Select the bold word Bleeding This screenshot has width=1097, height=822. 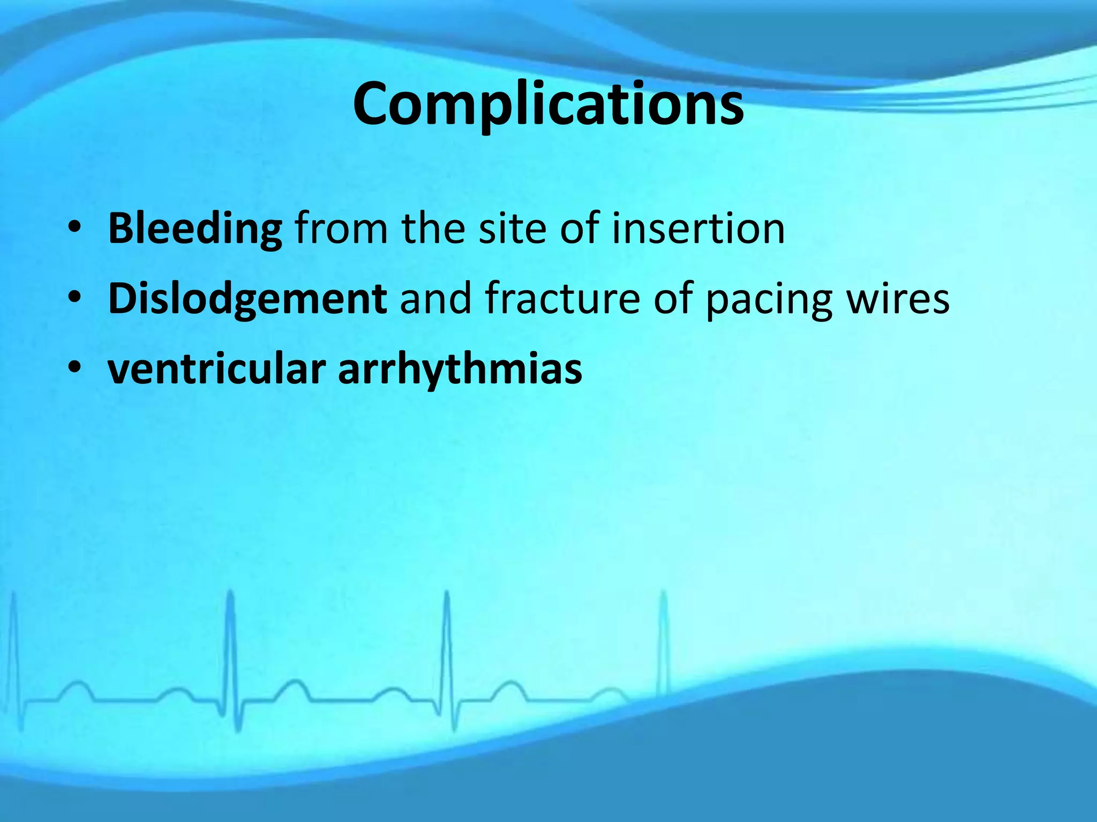pyautogui.click(x=195, y=229)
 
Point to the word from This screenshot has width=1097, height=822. pyautogui.click(x=341, y=229)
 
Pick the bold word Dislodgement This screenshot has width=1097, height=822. pyautogui.click(x=247, y=299)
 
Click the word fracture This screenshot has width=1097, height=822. pyautogui.click(x=562, y=299)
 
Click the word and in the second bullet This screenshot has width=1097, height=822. pyautogui.click(x=436, y=299)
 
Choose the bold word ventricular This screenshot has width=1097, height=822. pyautogui.click(x=216, y=369)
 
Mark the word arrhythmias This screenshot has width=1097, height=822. pyautogui.click(x=460, y=369)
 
